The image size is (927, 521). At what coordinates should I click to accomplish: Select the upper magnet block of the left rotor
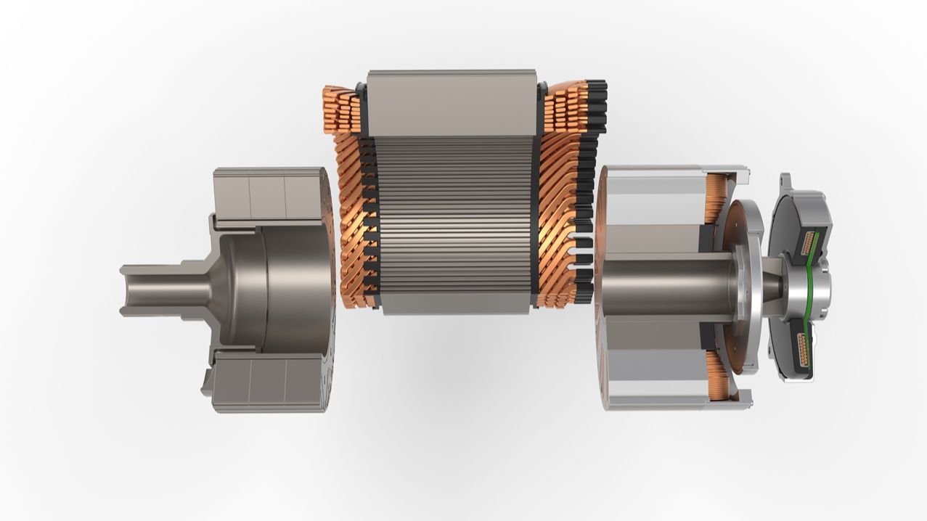pos(269,194)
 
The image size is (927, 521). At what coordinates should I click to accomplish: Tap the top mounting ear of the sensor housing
pos(786,183)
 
